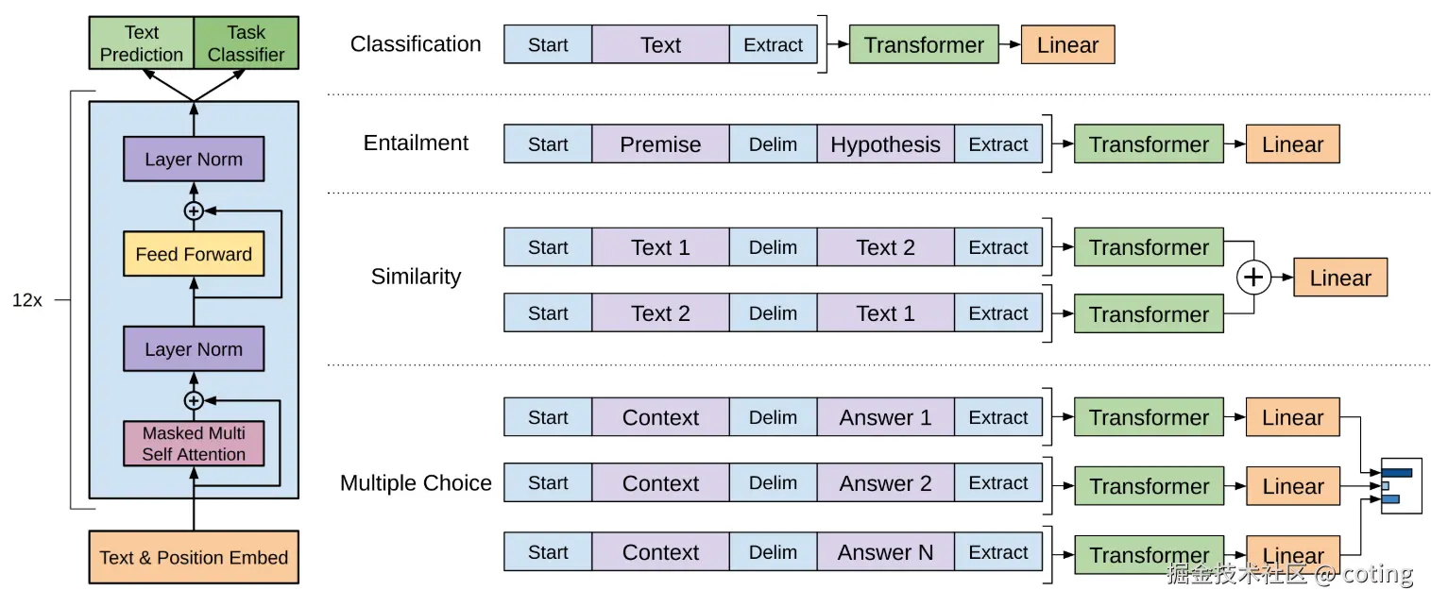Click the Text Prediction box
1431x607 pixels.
141,42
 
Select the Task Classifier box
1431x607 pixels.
246,42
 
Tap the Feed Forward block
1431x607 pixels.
194,254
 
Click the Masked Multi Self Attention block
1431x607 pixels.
194,444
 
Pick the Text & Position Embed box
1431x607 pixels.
194,557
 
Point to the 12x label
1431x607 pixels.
26,300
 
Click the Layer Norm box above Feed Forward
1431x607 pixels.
194,159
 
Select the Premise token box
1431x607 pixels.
660,144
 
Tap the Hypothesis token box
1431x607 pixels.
885,144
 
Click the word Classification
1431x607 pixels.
416,44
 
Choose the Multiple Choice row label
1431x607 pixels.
416,483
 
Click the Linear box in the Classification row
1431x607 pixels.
1068,44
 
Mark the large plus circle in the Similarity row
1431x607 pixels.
1253,278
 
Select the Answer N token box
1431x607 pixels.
885,552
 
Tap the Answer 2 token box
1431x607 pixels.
885,483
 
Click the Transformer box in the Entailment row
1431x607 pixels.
1149,144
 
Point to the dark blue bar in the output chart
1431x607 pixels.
1397,473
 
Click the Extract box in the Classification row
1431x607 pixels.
773,44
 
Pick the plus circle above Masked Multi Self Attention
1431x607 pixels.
194,401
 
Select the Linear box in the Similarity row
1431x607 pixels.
1340,278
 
